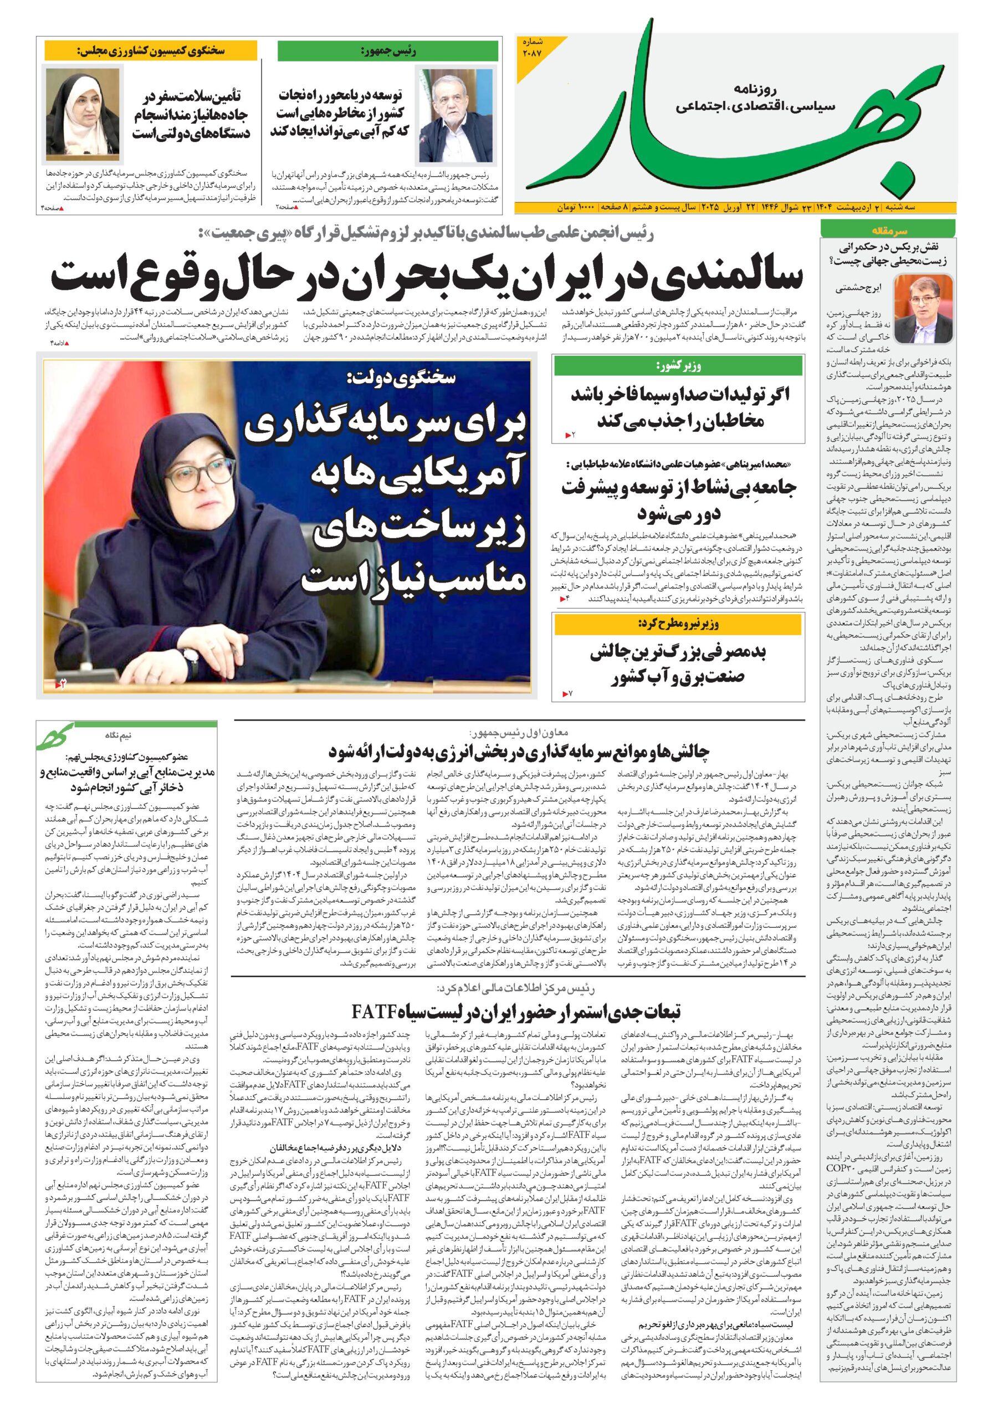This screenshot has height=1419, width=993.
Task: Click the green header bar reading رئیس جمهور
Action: point(387,52)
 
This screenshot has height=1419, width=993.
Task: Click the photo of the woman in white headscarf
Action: point(81,115)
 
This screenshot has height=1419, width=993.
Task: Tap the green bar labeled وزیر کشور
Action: point(678,366)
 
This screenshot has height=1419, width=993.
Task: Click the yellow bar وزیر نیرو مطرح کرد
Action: point(678,625)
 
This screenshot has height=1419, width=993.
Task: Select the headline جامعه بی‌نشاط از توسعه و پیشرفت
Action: point(678,488)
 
